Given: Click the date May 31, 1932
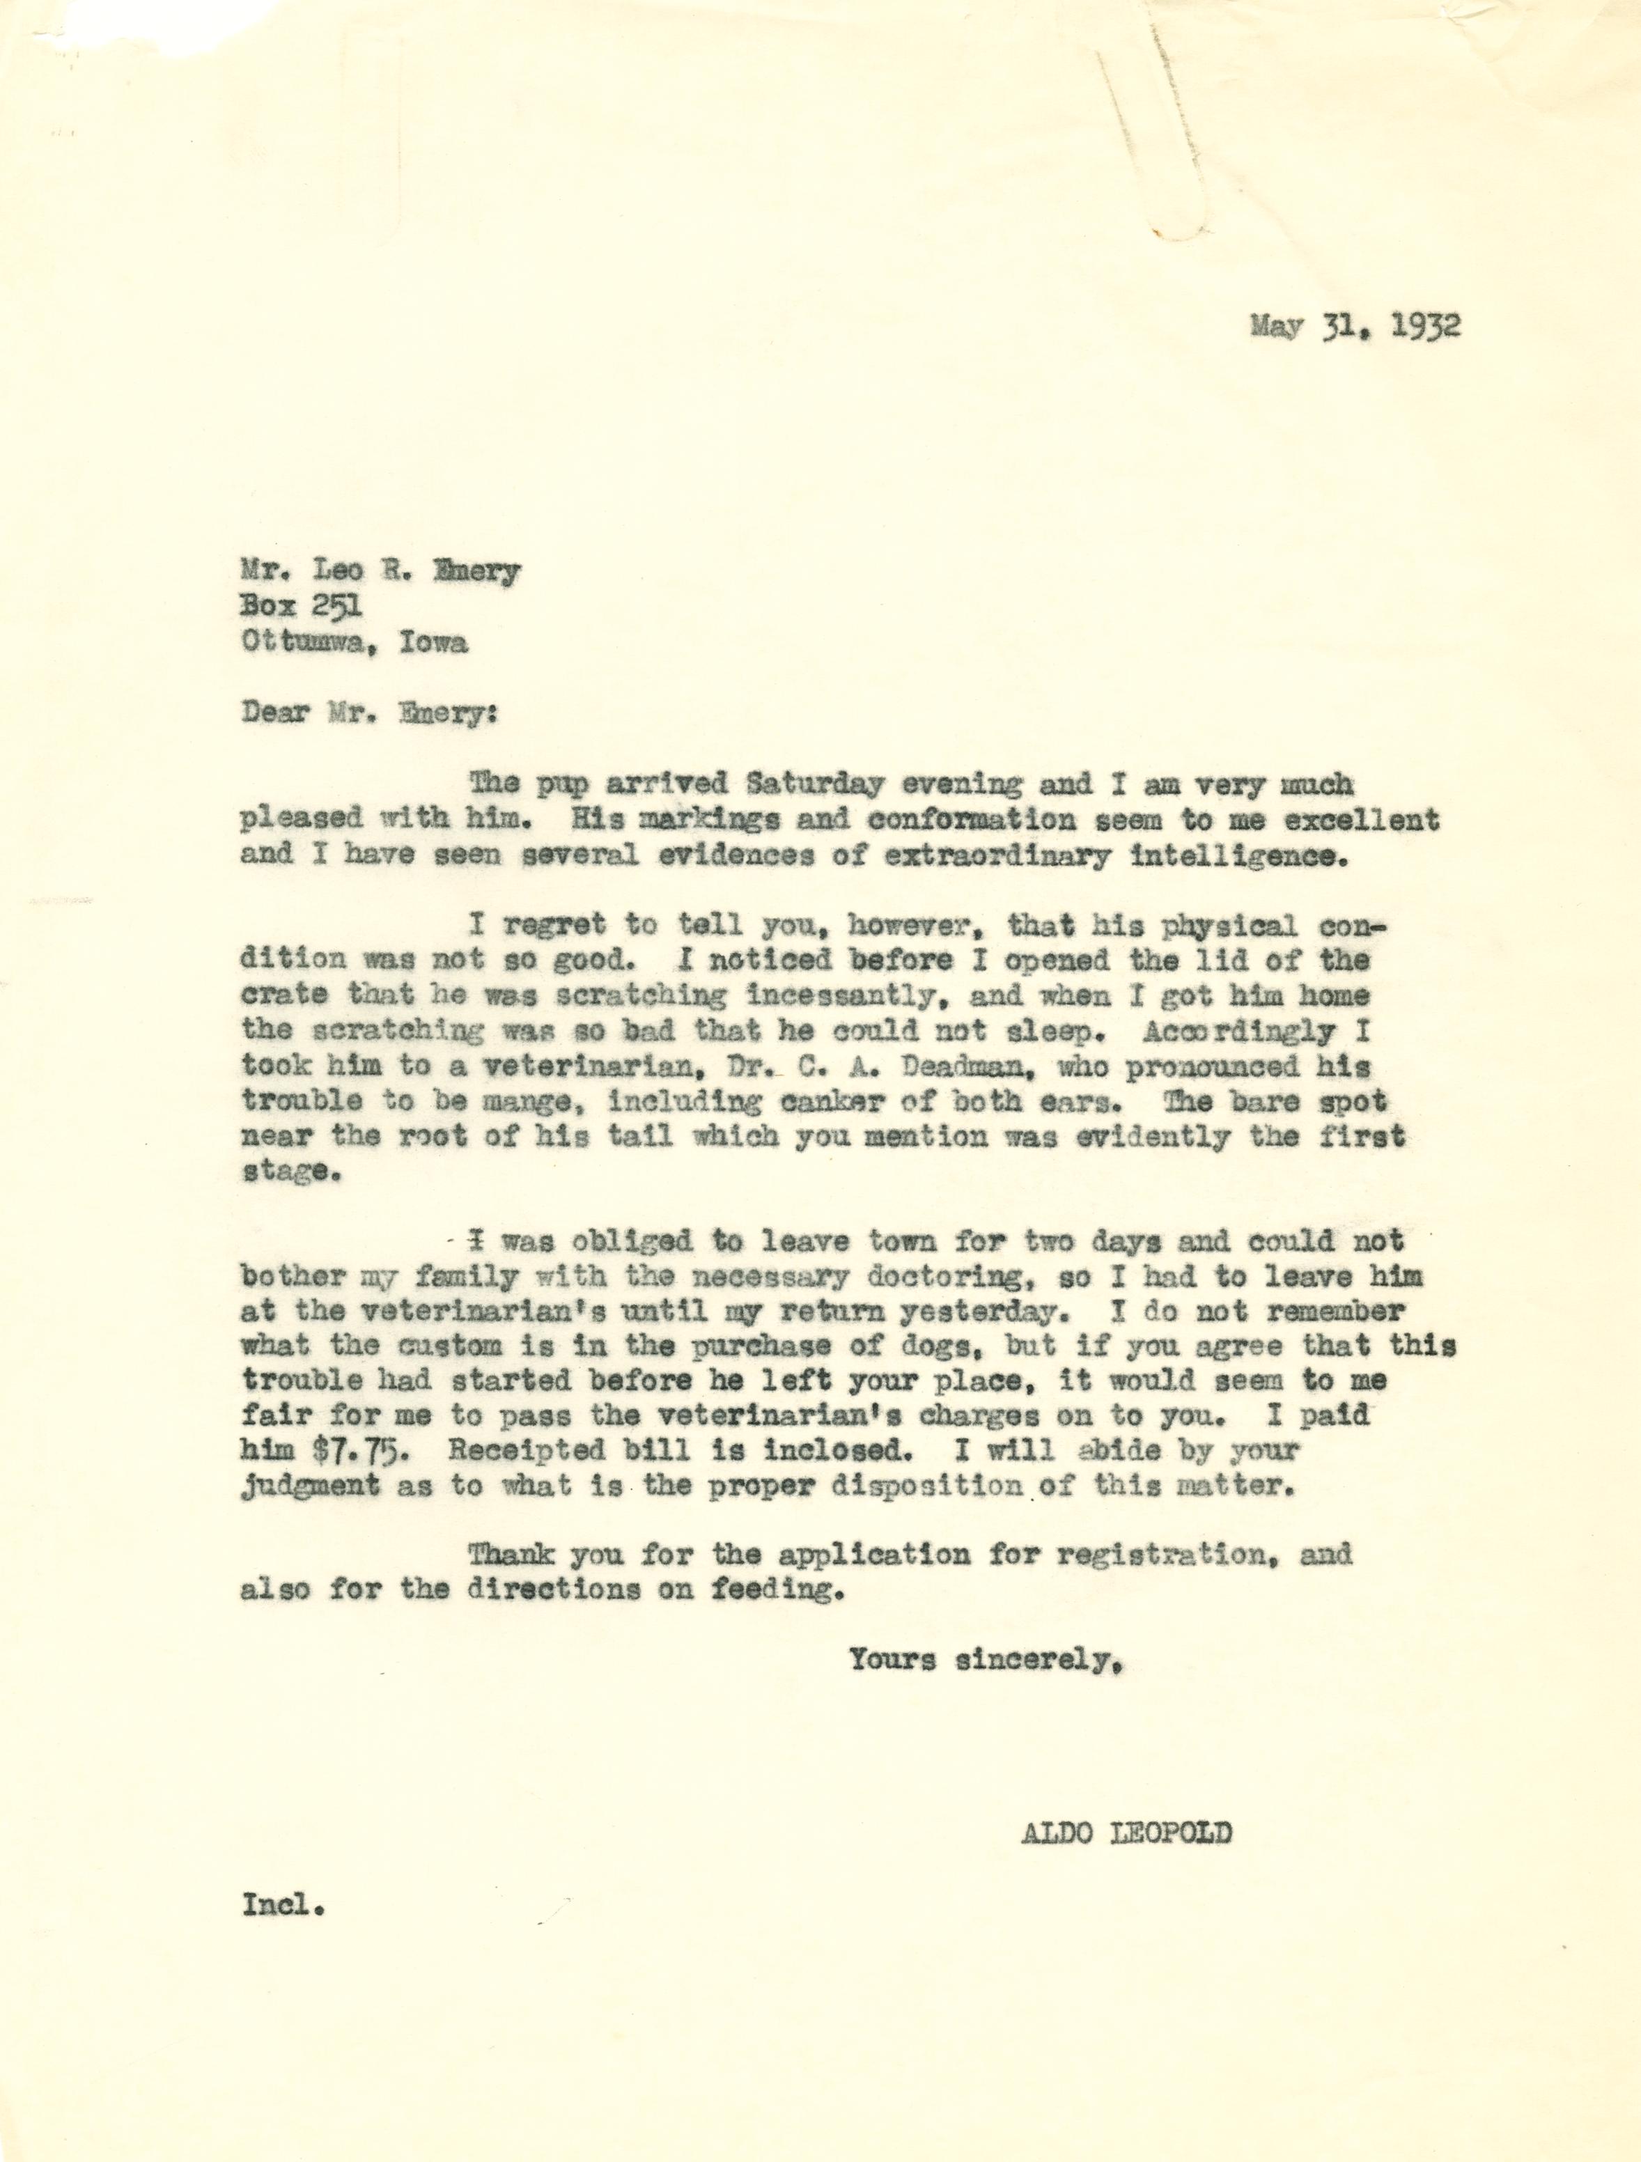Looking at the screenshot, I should (1355, 325).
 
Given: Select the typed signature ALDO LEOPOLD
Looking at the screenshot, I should (1126, 1834).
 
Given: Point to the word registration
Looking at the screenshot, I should (1175, 1554).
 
